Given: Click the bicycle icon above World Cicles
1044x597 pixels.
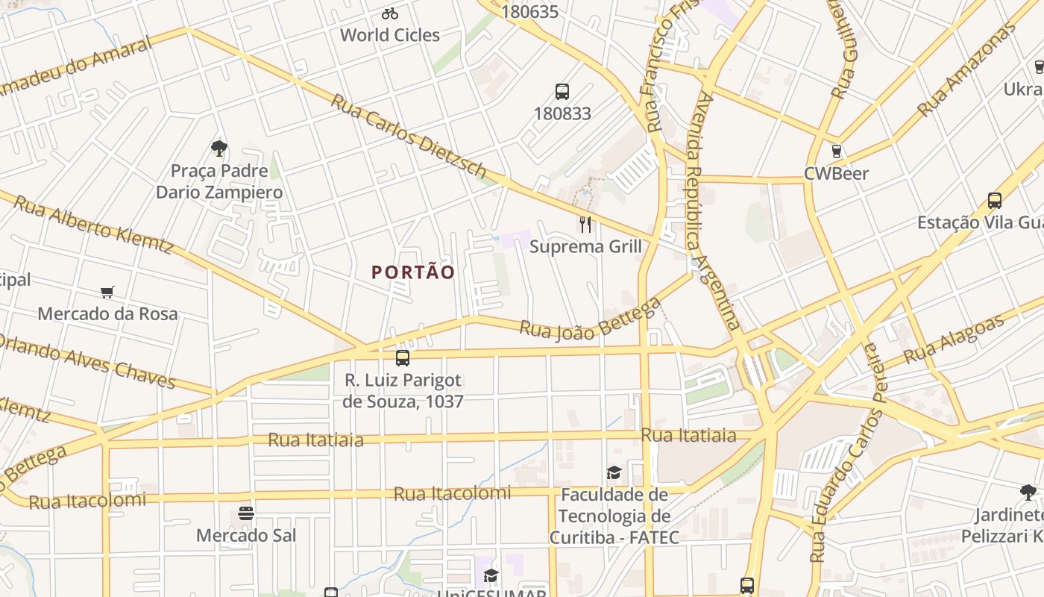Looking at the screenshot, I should tap(389, 13).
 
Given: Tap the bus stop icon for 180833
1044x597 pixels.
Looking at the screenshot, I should tap(562, 92).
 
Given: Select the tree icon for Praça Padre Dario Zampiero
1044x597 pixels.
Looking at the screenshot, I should tap(218, 148).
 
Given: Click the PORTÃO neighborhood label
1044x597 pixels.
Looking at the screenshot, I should tap(413, 272).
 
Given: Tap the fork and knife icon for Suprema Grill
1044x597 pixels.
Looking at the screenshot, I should tap(585, 224).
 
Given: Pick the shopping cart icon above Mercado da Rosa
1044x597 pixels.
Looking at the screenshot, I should tap(107, 292).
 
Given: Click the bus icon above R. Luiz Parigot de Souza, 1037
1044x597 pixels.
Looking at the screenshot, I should tap(403, 358).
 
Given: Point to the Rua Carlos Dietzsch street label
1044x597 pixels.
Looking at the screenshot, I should tap(408, 136).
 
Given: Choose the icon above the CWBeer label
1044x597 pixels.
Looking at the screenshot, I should tap(837, 151).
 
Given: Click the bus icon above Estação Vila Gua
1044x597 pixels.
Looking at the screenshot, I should tap(994, 201).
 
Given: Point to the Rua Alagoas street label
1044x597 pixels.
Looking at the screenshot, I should tap(954, 340).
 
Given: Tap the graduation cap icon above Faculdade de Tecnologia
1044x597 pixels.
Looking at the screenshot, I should tap(614, 472).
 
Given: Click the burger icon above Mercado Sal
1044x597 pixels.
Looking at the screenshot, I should tap(246, 513).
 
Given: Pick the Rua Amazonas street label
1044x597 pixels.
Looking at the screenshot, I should tap(966, 70).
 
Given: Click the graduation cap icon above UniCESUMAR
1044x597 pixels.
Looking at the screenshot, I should tap(490, 575).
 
